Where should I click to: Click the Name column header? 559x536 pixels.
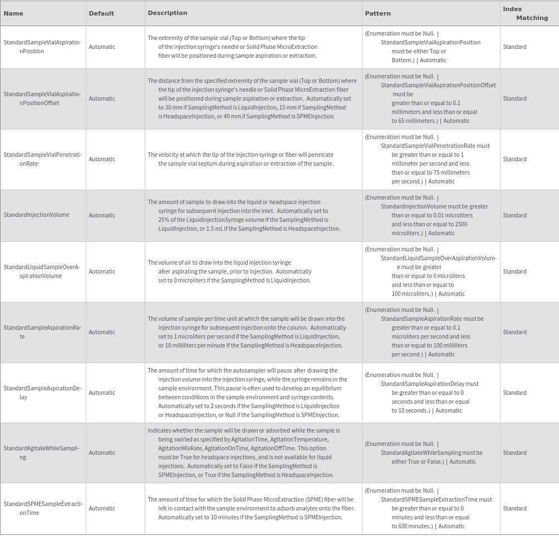pyautogui.click(x=13, y=13)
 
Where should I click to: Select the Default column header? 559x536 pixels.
pyautogui.click(x=101, y=13)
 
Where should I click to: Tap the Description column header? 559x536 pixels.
pyautogui.click(x=167, y=13)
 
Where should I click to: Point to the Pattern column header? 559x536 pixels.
pyautogui.click(x=377, y=13)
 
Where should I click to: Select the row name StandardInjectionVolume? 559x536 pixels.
pyautogui.click(x=37, y=215)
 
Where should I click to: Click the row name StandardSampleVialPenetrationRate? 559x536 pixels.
pyautogui.click(x=42, y=159)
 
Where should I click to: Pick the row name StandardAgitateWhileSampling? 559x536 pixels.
pyautogui.click(x=41, y=453)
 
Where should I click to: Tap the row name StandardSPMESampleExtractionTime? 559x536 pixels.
pyautogui.click(x=42, y=508)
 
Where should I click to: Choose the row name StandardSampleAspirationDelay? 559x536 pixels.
pyautogui.click(x=42, y=393)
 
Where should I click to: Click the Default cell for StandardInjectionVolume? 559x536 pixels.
pyautogui.click(x=102, y=215)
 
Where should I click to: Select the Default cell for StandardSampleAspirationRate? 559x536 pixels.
pyautogui.click(x=102, y=332)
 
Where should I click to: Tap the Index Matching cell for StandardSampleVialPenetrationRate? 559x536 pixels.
pyautogui.click(x=514, y=159)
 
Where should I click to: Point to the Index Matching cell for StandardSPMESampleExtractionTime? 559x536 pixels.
pyautogui.click(x=514, y=508)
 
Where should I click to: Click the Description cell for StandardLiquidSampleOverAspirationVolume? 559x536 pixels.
pyautogui.click(x=229, y=271)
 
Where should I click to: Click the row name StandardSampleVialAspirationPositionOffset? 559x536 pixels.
pyautogui.click(x=42, y=98)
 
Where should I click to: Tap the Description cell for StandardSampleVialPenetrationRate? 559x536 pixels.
pyautogui.click(x=241, y=159)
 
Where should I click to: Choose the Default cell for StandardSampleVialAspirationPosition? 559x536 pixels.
pyautogui.click(x=102, y=47)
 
